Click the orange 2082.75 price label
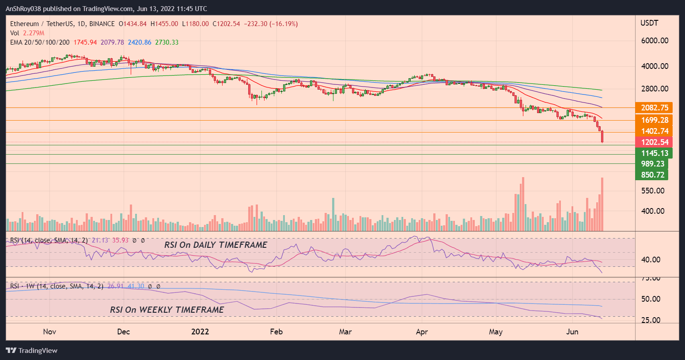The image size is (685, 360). (654, 108)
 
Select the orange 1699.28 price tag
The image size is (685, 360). (654, 120)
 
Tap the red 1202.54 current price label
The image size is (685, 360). (654, 142)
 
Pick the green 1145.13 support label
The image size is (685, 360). (654, 153)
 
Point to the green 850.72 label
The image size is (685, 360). (652, 175)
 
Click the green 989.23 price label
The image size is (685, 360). (652, 164)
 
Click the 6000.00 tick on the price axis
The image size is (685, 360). (654, 41)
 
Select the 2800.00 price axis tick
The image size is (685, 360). (654, 89)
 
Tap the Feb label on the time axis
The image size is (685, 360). (276, 332)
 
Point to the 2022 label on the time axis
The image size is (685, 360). (200, 332)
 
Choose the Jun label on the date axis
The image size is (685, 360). (572, 332)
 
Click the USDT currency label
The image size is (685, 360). (649, 23)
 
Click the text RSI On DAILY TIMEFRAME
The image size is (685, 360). (216, 245)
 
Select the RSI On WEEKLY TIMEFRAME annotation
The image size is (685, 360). (167, 310)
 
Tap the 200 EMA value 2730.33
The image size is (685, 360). (167, 42)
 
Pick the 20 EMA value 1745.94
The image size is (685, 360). (85, 42)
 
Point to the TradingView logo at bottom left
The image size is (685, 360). (32, 351)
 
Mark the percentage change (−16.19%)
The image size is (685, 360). (284, 24)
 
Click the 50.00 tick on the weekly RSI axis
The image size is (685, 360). (651, 299)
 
